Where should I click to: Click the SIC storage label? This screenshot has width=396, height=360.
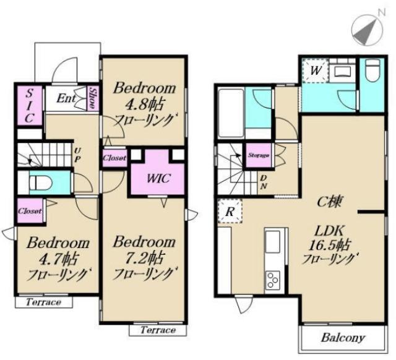[30, 106]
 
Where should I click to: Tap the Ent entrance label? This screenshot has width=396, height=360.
[66, 98]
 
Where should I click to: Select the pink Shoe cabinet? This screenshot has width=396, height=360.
[93, 98]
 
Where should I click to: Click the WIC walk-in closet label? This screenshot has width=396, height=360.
[158, 179]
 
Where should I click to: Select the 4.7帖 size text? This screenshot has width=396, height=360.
[58, 259]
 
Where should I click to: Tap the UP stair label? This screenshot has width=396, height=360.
[77, 155]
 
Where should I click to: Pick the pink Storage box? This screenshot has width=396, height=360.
[259, 155]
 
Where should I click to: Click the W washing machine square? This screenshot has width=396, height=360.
[316, 71]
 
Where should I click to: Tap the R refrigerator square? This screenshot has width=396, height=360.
[230, 211]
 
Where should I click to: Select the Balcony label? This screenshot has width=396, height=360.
[343, 338]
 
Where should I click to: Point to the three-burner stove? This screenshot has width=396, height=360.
[273, 280]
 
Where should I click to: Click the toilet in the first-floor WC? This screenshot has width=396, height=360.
[40, 182]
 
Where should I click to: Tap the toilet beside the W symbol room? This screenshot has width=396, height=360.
[372, 71]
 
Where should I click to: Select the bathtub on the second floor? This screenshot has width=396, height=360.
[231, 113]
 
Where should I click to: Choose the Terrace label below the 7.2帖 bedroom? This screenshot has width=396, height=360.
[158, 330]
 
